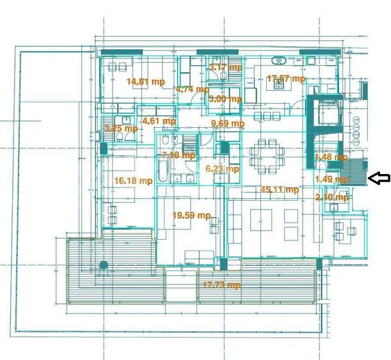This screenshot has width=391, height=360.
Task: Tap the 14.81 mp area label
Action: [145, 81]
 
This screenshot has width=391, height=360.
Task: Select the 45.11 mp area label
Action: [279, 189]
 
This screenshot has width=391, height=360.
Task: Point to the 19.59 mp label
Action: [191, 215]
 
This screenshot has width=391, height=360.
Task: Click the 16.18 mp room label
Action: [133, 181]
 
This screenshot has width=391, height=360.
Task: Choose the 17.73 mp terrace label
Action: [221, 285]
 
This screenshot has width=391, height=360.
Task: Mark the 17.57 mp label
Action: [286, 79]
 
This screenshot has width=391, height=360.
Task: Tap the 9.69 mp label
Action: [228, 123]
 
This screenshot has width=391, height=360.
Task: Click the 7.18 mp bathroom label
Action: [179, 155]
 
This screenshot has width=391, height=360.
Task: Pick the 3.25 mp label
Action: [121, 128]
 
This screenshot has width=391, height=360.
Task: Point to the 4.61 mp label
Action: [159, 120]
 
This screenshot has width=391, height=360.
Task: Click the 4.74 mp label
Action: [193, 89]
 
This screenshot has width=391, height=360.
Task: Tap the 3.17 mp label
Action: [225, 67]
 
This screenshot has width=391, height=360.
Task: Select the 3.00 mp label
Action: [225, 98]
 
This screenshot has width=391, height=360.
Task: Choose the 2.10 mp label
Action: [332, 197]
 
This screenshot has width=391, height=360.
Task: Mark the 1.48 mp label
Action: [331, 157]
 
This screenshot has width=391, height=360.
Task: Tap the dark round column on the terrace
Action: [103, 265]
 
